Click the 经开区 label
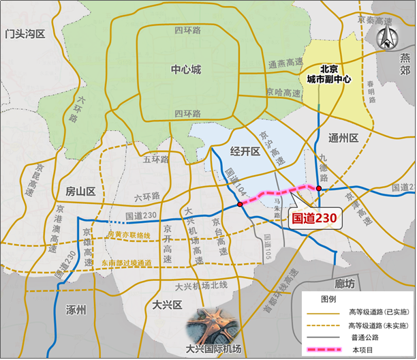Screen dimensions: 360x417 pos(244,152)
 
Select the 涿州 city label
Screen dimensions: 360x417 pos(77,310)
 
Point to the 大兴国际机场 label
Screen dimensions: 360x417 pos(213,350)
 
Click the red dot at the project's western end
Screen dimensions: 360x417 pos(240,204)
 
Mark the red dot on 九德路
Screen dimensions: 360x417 pos(318,189)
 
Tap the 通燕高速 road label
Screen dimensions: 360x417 pos(284,65)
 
